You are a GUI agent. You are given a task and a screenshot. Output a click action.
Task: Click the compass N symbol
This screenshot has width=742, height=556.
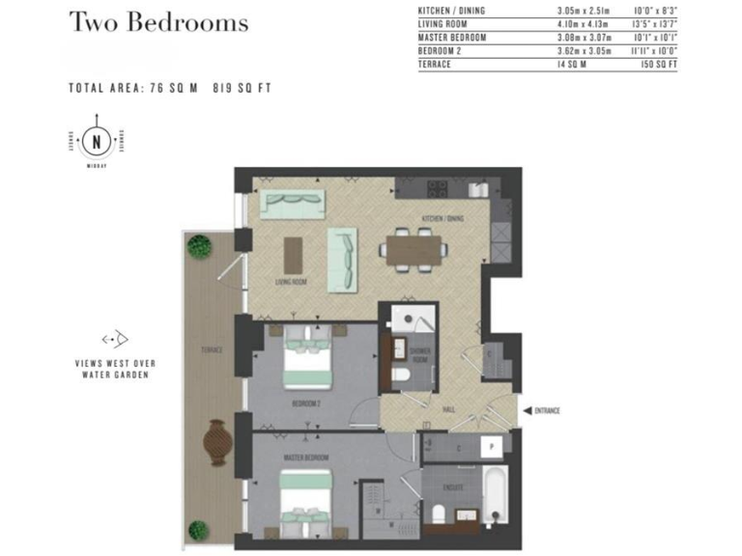[97, 143]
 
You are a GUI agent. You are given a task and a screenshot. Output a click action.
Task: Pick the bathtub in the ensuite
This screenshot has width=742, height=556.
[494, 494]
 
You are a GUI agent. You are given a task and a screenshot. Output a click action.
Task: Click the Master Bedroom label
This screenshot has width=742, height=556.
[306, 456]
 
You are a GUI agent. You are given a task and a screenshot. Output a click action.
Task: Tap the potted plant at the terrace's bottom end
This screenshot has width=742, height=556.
[198, 529]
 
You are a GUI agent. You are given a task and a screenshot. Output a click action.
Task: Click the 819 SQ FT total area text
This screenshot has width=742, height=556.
[242, 88]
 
